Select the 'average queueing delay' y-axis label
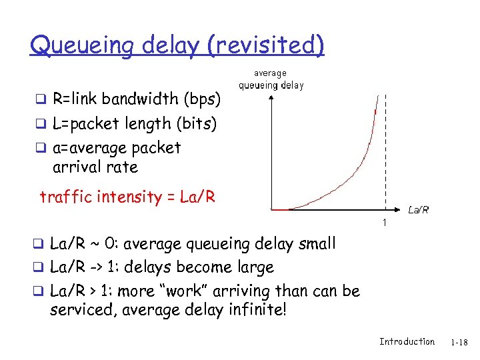coord(271,79)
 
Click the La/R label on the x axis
coord(418,210)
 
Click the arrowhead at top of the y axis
coord(272,97)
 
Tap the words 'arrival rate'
coord(95,167)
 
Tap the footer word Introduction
coord(407,341)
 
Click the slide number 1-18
coord(460,342)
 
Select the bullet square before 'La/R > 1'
coord(40,292)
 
